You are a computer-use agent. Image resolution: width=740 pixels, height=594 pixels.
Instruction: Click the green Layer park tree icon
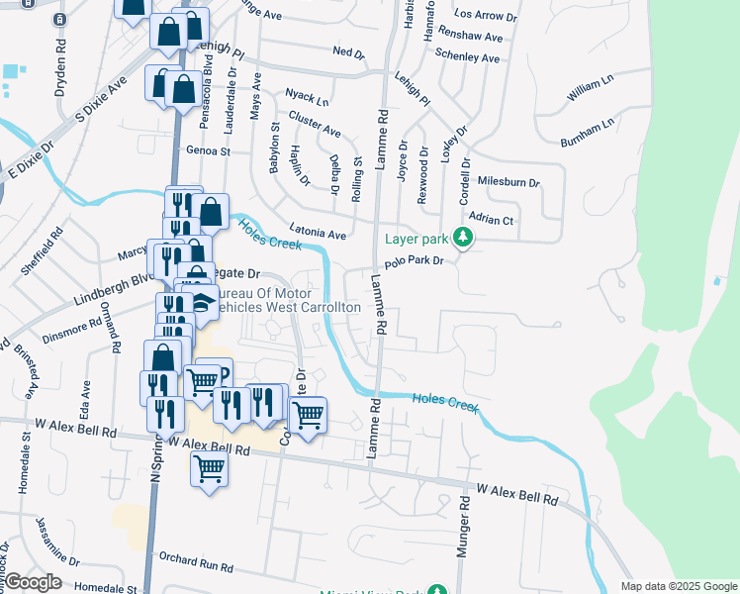click(x=461, y=238)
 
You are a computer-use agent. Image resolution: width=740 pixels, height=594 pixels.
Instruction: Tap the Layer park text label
click(x=416, y=239)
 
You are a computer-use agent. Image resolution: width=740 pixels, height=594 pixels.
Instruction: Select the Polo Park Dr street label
click(x=416, y=261)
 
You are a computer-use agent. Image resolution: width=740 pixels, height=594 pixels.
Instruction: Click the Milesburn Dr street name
click(x=509, y=183)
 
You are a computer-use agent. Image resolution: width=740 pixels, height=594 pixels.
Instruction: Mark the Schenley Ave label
click(x=467, y=58)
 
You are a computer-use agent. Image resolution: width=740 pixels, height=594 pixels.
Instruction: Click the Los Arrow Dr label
click(x=485, y=17)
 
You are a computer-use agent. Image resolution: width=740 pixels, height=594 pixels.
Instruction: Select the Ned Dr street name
click(x=349, y=51)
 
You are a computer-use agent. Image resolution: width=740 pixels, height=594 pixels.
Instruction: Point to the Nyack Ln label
click(x=307, y=97)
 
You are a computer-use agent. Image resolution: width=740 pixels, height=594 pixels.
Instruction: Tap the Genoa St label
click(x=208, y=151)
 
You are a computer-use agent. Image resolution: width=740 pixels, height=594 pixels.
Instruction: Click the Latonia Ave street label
click(x=317, y=231)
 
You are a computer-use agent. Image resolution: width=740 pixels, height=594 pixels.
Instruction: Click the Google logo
click(x=33, y=582)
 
